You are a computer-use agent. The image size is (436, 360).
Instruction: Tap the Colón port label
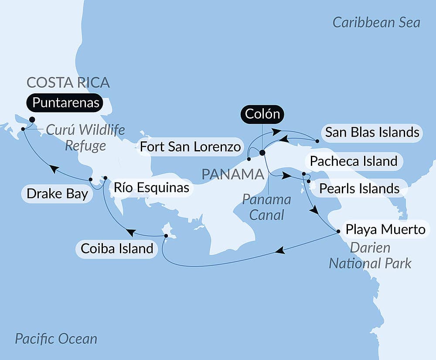[262, 114]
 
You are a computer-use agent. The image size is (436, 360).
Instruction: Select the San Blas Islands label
[372, 132]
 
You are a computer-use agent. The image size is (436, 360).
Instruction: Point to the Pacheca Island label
[353, 161]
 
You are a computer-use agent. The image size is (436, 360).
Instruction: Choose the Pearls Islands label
[359, 189]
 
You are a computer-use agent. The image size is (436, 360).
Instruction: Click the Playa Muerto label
[385, 229]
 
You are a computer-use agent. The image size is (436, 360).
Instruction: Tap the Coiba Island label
[116, 249]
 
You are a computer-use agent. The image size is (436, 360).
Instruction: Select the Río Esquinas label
[151, 188]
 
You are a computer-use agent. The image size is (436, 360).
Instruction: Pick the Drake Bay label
[57, 194]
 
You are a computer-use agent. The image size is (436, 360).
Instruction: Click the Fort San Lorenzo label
[190, 147]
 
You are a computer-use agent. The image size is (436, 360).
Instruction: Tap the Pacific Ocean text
[56, 339]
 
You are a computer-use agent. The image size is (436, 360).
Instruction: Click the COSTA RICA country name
[68, 82]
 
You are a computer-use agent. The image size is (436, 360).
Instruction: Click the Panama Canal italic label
[266, 207]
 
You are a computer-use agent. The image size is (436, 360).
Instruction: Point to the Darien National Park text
[370, 256]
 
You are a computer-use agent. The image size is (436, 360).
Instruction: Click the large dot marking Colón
[262, 153]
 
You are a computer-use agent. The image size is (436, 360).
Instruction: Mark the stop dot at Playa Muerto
[338, 231]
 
